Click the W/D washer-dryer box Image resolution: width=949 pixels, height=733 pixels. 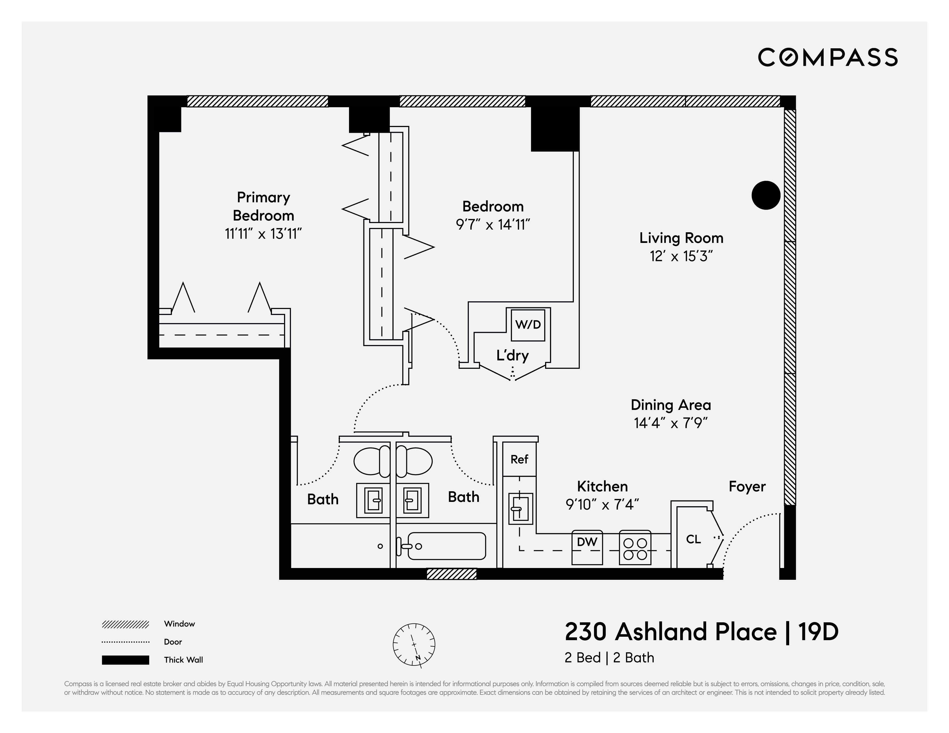528,325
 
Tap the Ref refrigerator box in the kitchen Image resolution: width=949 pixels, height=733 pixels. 519,459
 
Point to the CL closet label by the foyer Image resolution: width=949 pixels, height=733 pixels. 693,539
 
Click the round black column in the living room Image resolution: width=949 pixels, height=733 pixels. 766,195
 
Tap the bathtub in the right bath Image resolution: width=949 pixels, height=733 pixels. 446,546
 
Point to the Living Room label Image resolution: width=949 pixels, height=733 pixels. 681,238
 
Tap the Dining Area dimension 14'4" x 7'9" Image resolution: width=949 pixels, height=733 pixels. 670,423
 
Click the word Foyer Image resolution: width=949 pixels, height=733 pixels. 747,487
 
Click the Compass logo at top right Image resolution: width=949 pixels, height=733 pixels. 827,57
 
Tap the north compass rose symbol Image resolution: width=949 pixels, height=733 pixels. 414,644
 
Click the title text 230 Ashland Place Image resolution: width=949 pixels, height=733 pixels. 670,632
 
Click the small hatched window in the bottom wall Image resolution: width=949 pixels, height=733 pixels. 451,574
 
